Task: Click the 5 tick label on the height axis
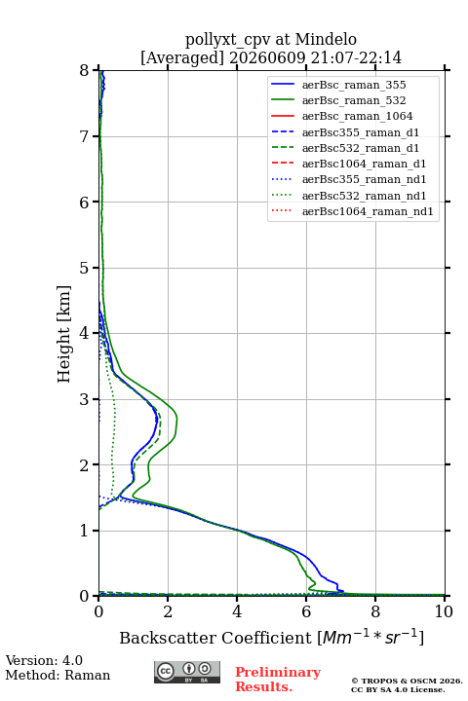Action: pyautogui.click(x=84, y=269)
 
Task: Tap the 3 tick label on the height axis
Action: pyautogui.click(x=84, y=399)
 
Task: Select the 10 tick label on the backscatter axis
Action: pyautogui.click(x=444, y=611)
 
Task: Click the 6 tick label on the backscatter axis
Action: pyautogui.click(x=306, y=611)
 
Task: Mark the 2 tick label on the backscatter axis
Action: pyautogui.click(x=168, y=611)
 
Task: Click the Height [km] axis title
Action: pyautogui.click(x=64, y=334)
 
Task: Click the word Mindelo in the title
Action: pyautogui.click(x=326, y=39)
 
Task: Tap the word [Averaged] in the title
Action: pyautogui.click(x=182, y=58)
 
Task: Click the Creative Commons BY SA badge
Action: pyautogui.click(x=187, y=672)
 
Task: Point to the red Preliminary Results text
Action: pyautogui.click(x=278, y=680)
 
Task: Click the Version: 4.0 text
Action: pyautogui.click(x=44, y=660)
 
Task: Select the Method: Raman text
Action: pyautogui.click(x=58, y=675)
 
